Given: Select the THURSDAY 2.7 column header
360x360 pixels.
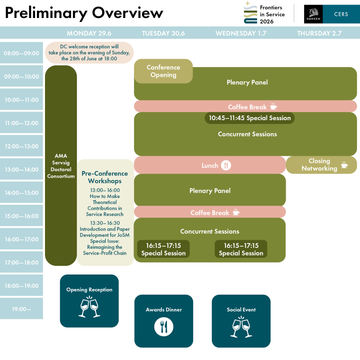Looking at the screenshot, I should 319,33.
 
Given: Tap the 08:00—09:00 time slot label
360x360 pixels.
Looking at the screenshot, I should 22,53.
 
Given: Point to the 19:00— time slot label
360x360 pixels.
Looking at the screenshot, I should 22,309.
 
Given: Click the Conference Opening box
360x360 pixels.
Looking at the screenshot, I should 163,71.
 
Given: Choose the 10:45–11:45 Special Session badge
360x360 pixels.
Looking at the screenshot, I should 249,118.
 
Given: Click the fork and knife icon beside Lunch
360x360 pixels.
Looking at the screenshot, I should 226,165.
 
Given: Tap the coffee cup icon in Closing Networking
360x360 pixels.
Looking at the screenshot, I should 344,165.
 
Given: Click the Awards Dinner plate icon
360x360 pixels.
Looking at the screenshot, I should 163,326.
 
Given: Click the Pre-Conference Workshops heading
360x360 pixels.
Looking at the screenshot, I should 105,177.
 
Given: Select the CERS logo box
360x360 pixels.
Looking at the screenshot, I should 341,14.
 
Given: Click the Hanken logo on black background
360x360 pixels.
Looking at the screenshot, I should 313,14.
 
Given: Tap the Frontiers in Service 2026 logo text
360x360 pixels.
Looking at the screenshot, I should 272,14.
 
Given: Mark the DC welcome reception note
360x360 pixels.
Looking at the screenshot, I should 89,52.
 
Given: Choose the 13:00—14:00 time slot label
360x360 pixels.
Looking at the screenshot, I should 22,170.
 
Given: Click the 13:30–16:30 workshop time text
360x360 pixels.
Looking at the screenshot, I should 105,223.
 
